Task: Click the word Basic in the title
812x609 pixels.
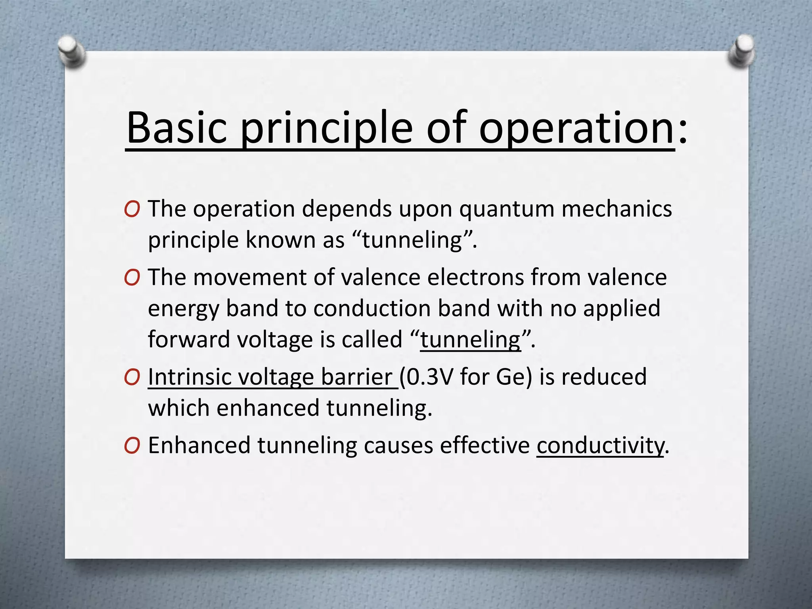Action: pyautogui.click(x=177, y=128)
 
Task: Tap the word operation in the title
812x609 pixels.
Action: pyautogui.click(x=576, y=128)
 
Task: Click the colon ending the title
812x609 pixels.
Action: pyautogui.click(x=682, y=131)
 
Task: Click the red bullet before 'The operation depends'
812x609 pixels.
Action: pyautogui.click(x=132, y=209)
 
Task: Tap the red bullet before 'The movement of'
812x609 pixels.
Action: pyautogui.click(x=132, y=278)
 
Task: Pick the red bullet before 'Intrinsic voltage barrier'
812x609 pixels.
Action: pyautogui.click(x=132, y=377)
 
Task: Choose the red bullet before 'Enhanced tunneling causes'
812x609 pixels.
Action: pyautogui.click(x=132, y=446)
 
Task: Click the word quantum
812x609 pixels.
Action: pyautogui.click(x=507, y=209)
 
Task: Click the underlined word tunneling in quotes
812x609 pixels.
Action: pyautogui.click(x=470, y=340)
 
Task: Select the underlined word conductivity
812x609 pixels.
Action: pyautogui.click(x=600, y=446)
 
